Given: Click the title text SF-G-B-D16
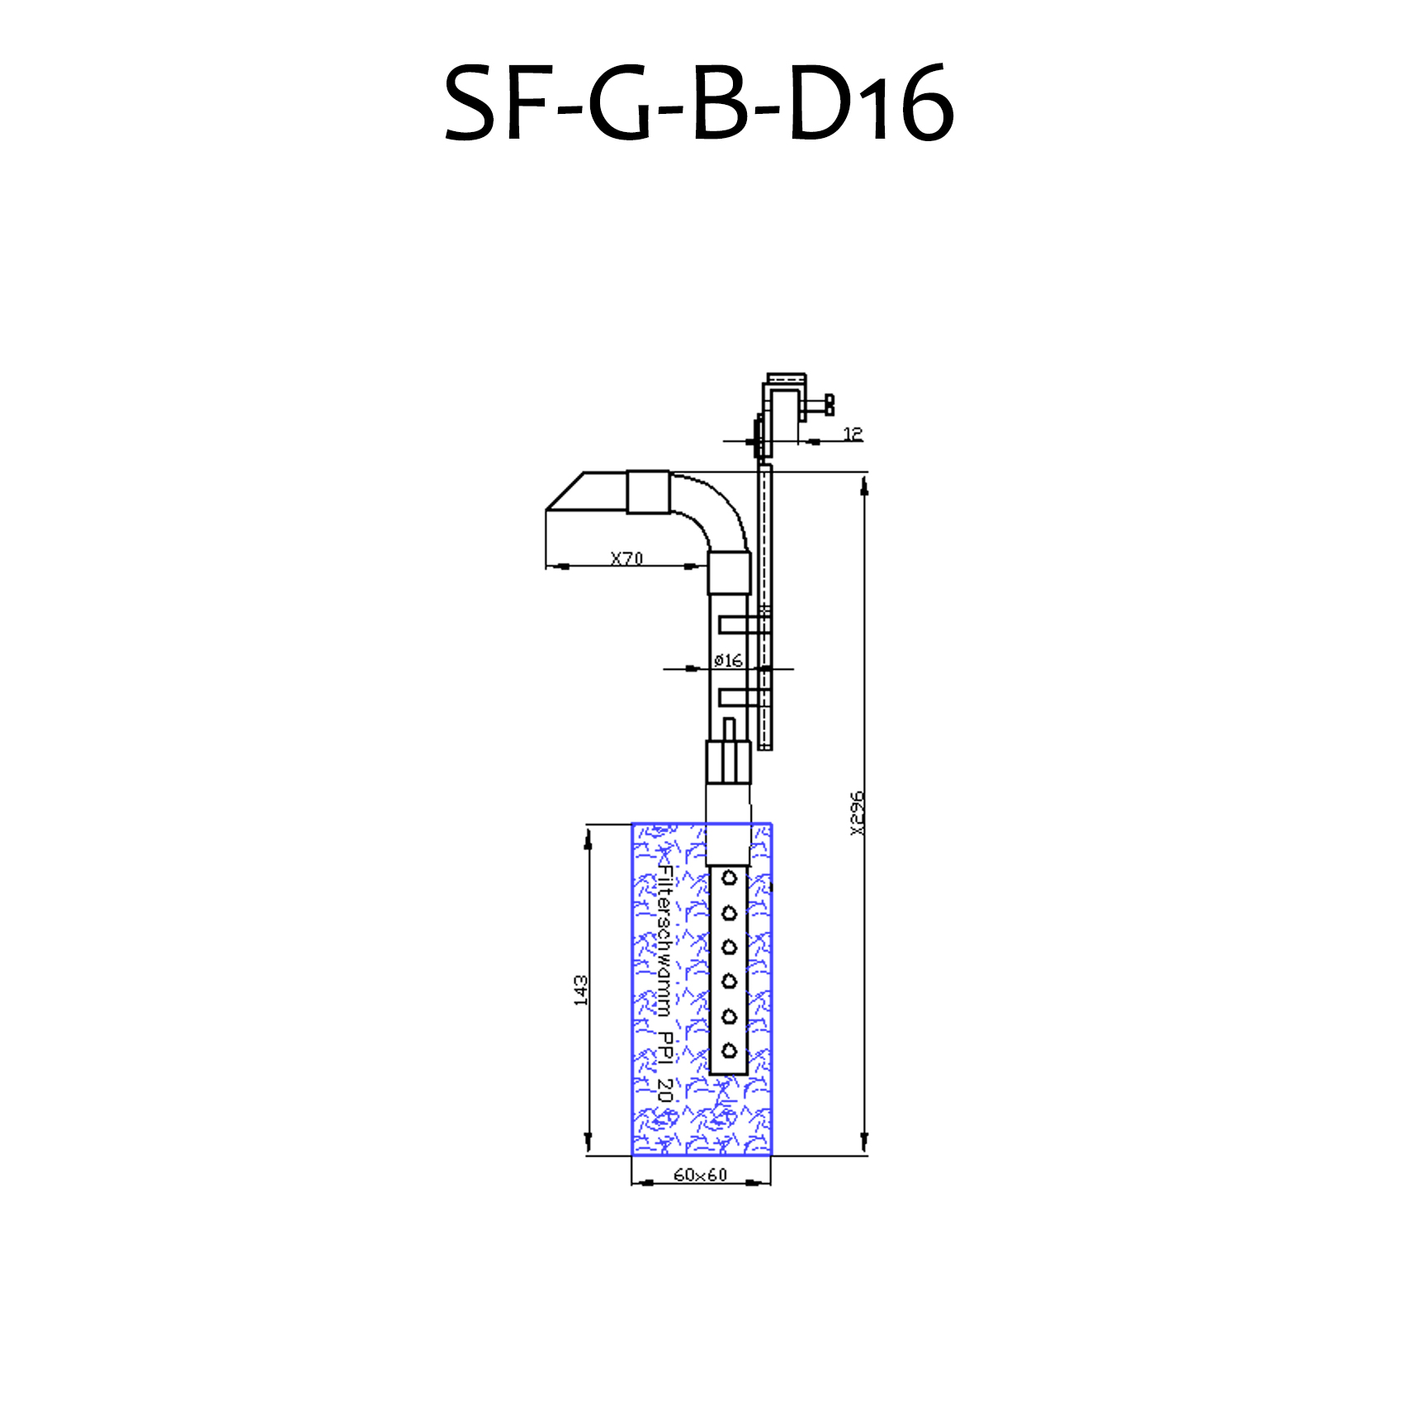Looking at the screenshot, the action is pos(700,103).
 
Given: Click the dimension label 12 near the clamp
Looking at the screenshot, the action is pos(853,433).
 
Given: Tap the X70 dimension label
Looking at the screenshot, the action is pos(626,558).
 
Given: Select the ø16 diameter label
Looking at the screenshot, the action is pos(728,660).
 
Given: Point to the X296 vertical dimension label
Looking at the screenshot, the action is pos(858,813).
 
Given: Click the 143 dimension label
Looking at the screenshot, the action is pos(581,990).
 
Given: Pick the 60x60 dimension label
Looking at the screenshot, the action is pos(700,1175).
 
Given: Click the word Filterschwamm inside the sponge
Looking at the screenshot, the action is pos(665,941).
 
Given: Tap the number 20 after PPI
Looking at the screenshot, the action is pos(665,1090).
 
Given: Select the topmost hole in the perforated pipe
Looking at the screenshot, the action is pos(729,878).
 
